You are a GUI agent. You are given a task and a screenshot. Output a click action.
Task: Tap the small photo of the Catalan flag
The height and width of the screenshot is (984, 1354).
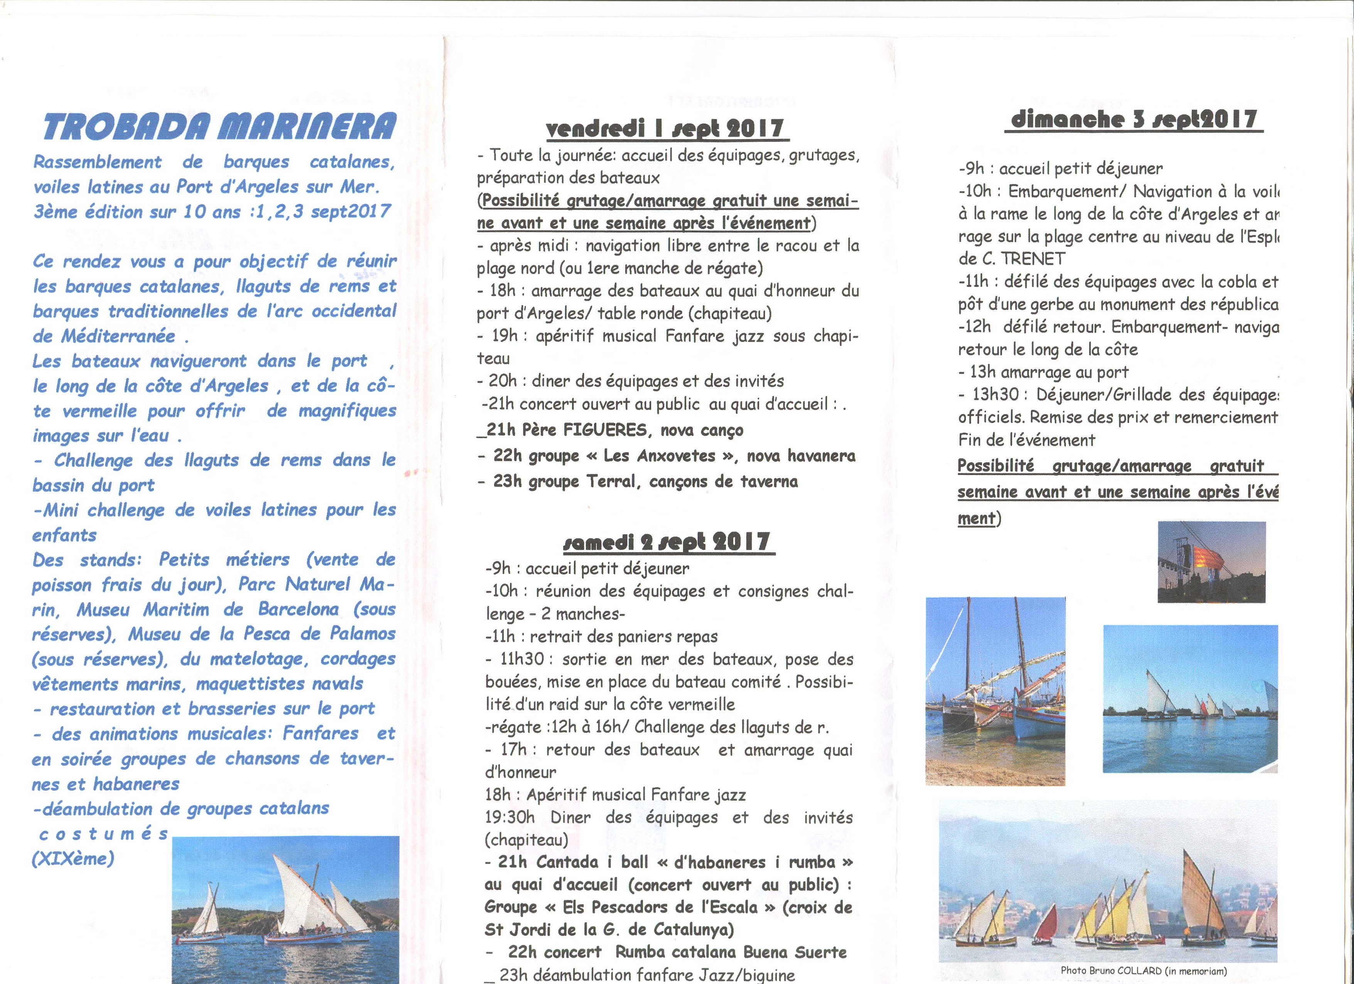[1211, 562]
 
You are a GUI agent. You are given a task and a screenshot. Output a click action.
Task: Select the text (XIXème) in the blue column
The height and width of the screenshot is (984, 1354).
[73, 859]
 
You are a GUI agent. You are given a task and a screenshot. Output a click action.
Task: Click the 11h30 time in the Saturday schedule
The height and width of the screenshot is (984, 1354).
[522, 659]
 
